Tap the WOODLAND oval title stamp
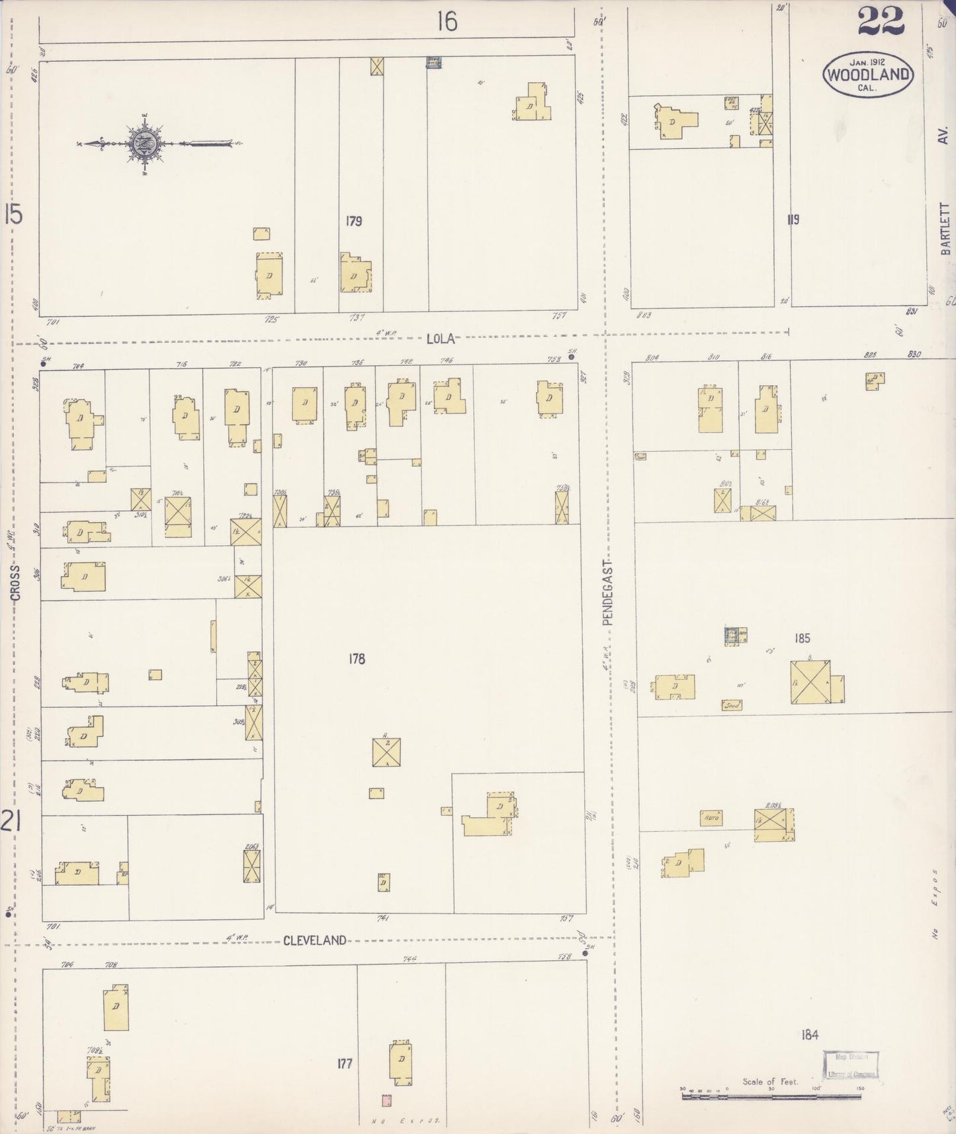click(867, 74)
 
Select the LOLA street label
click(441, 338)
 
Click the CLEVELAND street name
click(314, 940)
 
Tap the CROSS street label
click(15, 583)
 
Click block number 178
click(356, 658)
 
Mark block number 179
click(353, 221)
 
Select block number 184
click(809, 1035)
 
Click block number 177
click(345, 1064)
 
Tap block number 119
click(793, 220)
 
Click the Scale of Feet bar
click(771, 1096)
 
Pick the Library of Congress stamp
click(851, 1065)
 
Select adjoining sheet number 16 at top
click(447, 22)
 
